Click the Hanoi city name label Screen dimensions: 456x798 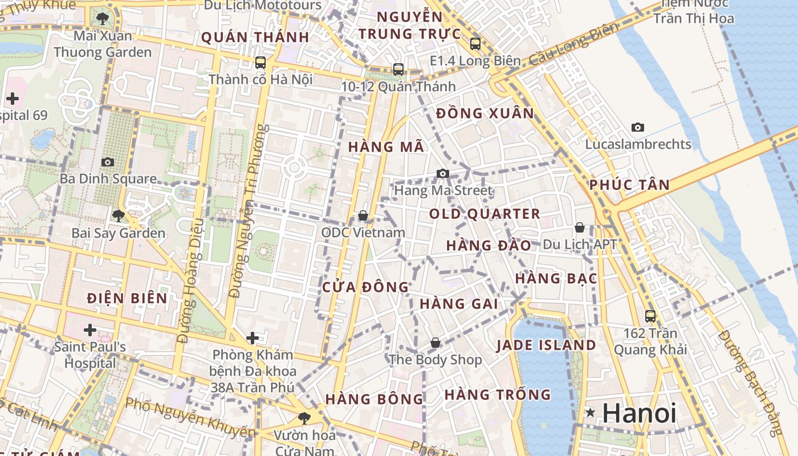(639, 413)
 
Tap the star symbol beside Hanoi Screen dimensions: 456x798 (591, 412)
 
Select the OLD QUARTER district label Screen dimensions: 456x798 (484, 214)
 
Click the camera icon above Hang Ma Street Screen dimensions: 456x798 (443, 173)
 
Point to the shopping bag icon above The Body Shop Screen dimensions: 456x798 (435, 343)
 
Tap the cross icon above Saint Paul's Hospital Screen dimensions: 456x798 (89, 329)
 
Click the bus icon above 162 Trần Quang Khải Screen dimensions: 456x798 (650, 316)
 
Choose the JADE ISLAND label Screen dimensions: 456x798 (546, 345)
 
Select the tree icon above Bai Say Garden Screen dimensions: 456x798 (118, 215)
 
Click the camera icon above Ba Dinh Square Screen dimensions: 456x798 (107, 162)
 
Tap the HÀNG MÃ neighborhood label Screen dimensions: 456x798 (386, 147)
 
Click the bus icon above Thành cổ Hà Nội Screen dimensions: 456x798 (260, 62)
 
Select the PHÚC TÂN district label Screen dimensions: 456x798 (629, 185)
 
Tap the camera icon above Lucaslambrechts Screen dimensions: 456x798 (638, 127)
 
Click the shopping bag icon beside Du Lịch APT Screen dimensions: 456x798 (580, 228)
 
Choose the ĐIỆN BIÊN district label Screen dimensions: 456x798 (128, 298)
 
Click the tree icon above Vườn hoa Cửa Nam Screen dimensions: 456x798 (304, 418)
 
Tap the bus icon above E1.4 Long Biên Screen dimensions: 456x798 (475, 43)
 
